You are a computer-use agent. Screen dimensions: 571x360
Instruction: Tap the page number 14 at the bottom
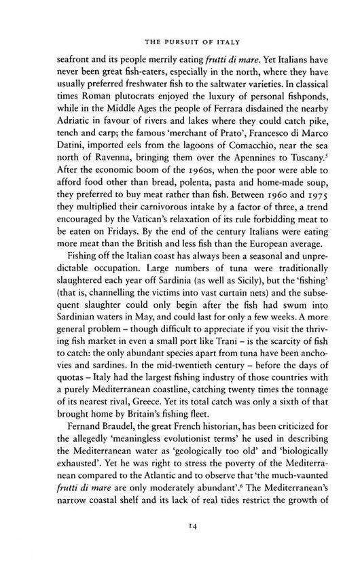tap(180, 544)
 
